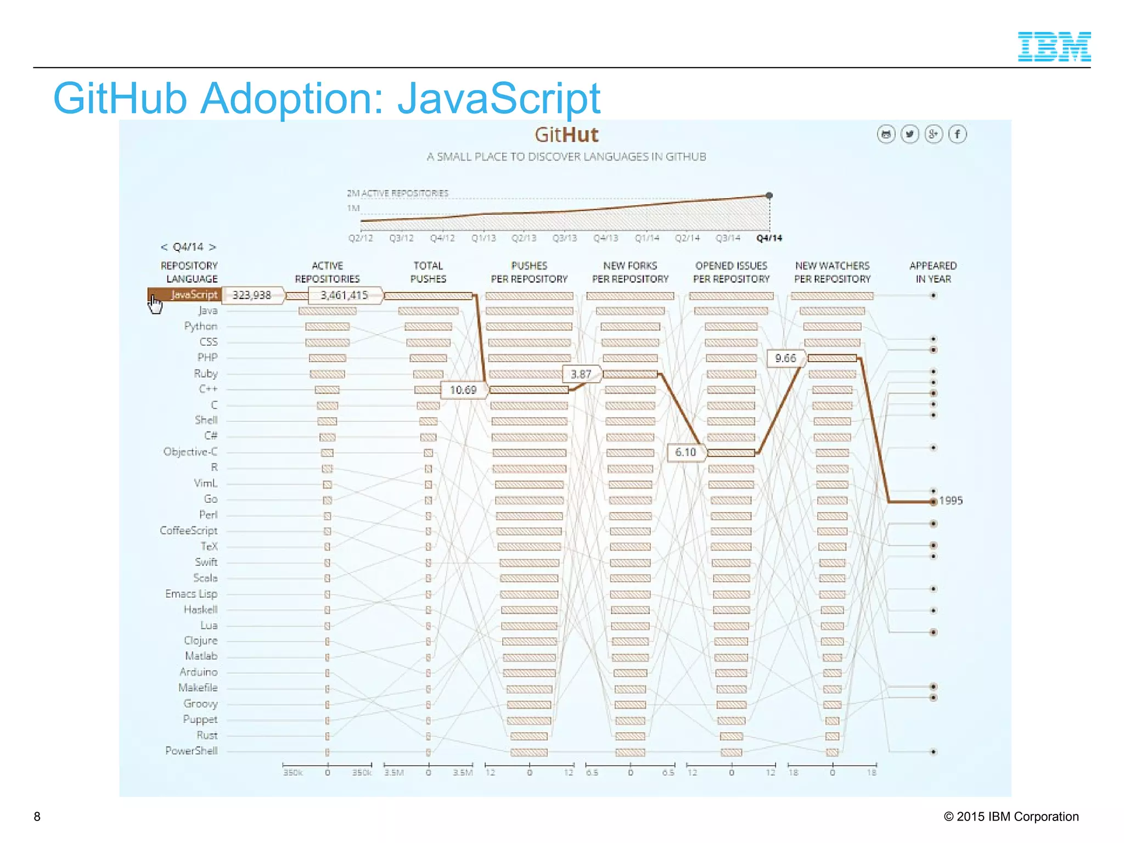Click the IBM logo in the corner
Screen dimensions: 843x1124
click(x=1054, y=47)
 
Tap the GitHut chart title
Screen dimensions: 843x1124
click(x=566, y=135)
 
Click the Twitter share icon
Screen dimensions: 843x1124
click(x=910, y=134)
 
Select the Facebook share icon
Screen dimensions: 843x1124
click(x=957, y=134)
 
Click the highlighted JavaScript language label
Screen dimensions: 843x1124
click(x=193, y=295)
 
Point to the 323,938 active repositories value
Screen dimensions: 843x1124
click(x=252, y=295)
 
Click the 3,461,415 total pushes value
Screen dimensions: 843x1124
click(x=344, y=295)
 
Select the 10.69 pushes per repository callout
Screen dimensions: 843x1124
click(x=463, y=390)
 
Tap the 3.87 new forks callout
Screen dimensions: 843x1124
click(x=581, y=374)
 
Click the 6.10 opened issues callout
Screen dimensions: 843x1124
click(x=685, y=452)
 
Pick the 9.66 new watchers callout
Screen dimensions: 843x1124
click(x=785, y=358)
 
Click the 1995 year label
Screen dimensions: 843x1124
click(x=951, y=501)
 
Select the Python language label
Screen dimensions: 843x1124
click(x=201, y=327)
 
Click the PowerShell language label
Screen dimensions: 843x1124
click(x=192, y=751)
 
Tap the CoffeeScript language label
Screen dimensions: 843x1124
click(x=189, y=531)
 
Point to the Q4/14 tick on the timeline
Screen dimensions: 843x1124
click(x=769, y=238)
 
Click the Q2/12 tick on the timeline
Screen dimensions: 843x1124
click(x=361, y=238)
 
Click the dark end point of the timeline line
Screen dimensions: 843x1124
click(x=769, y=195)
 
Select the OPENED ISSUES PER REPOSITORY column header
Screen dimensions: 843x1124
click(x=731, y=272)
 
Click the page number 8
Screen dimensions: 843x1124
click(x=37, y=817)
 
